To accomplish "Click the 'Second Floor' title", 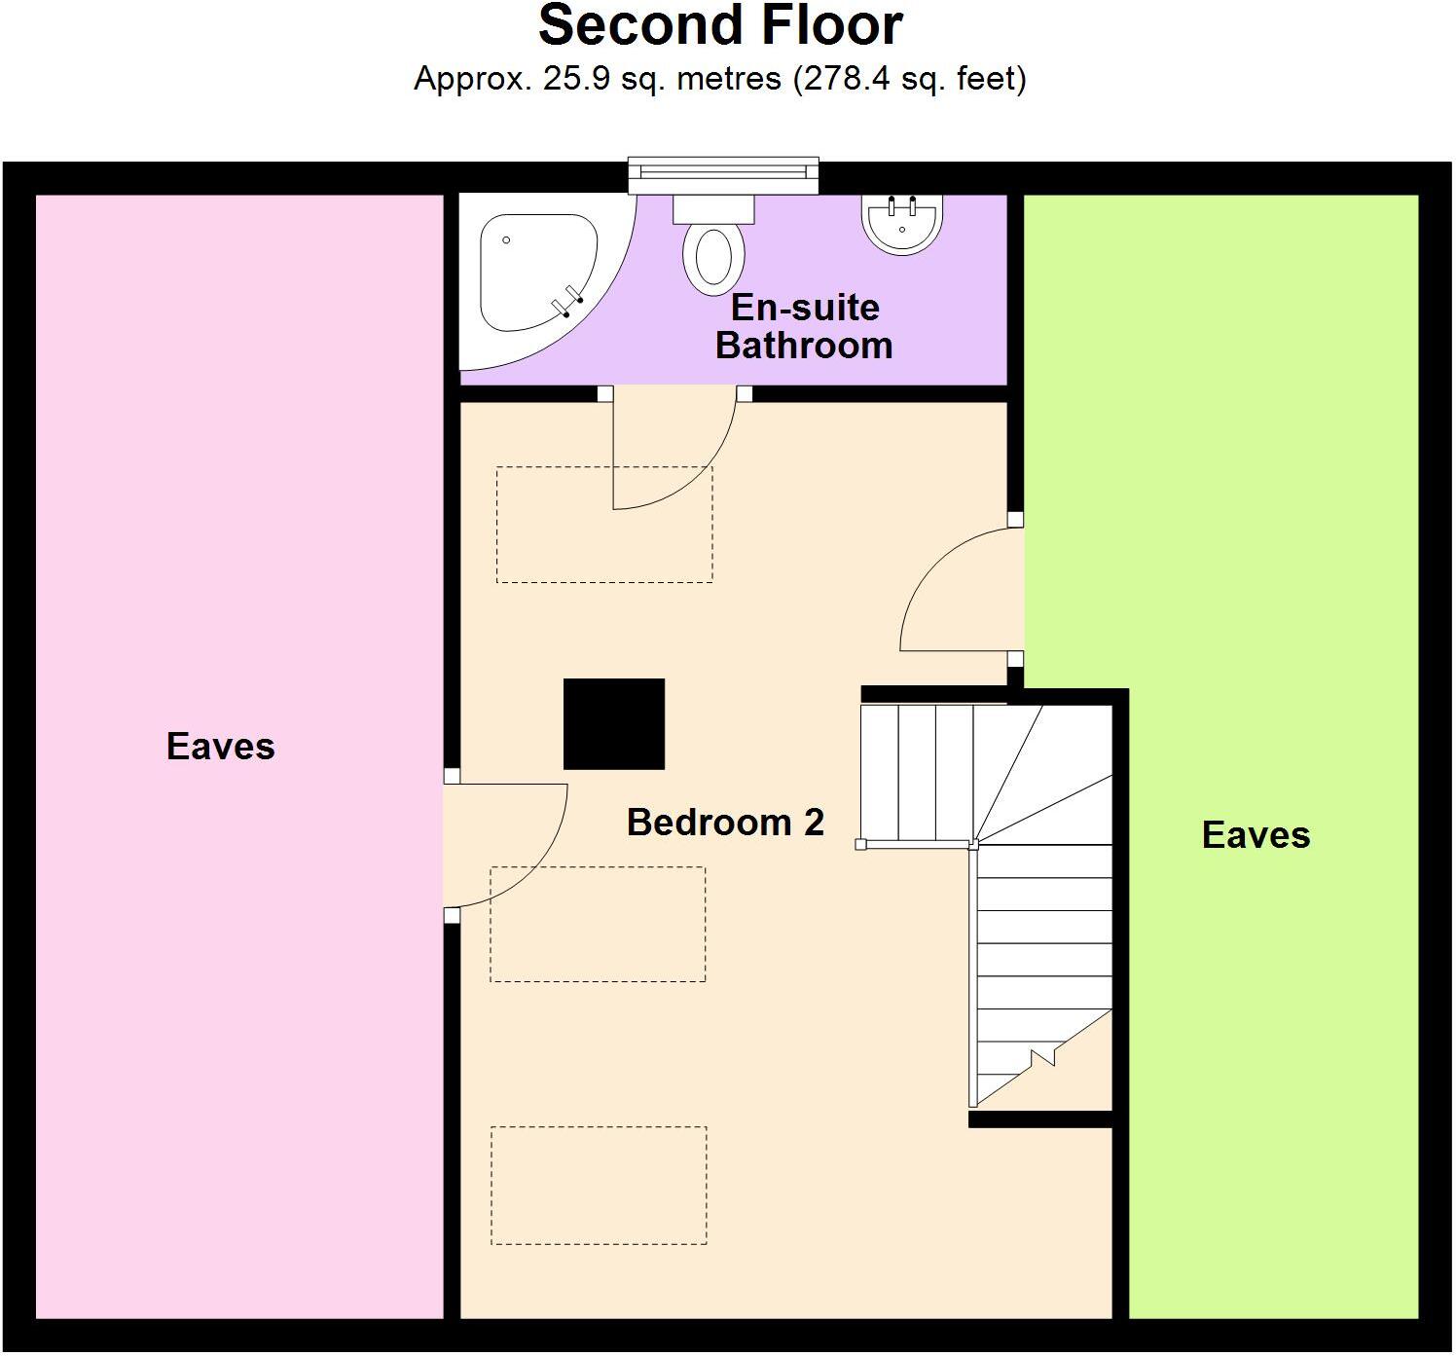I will pyautogui.click(x=720, y=26).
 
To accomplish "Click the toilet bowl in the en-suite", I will pyautogui.click(x=713, y=258).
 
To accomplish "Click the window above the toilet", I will pyautogui.click(x=722, y=174).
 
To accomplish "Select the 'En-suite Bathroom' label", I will pyautogui.click(x=804, y=326).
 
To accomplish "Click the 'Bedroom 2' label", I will pyautogui.click(x=725, y=823).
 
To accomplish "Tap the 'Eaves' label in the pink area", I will pyautogui.click(x=221, y=747).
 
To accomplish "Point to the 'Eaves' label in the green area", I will pyautogui.click(x=1256, y=835).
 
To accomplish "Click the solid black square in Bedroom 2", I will pyautogui.click(x=614, y=724).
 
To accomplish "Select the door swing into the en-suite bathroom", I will pyautogui.click(x=672, y=448).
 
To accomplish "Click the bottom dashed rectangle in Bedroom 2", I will pyautogui.click(x=599, y=1185).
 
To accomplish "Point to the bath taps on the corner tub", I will pyautogui.click(x=566, y=305).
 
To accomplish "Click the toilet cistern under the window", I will pyautogui.click(x=714, y=207).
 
